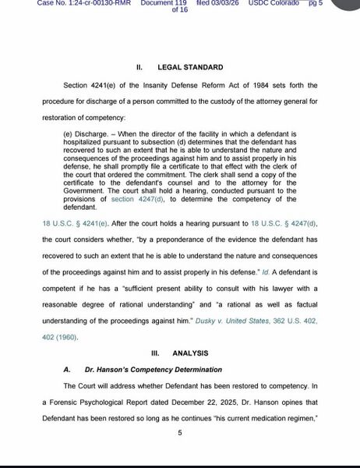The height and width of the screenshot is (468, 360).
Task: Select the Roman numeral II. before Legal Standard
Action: click(139, 68)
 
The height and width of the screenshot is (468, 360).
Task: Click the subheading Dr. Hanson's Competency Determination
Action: click(154, 369)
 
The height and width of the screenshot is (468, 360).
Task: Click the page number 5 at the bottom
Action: click(179, 434)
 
